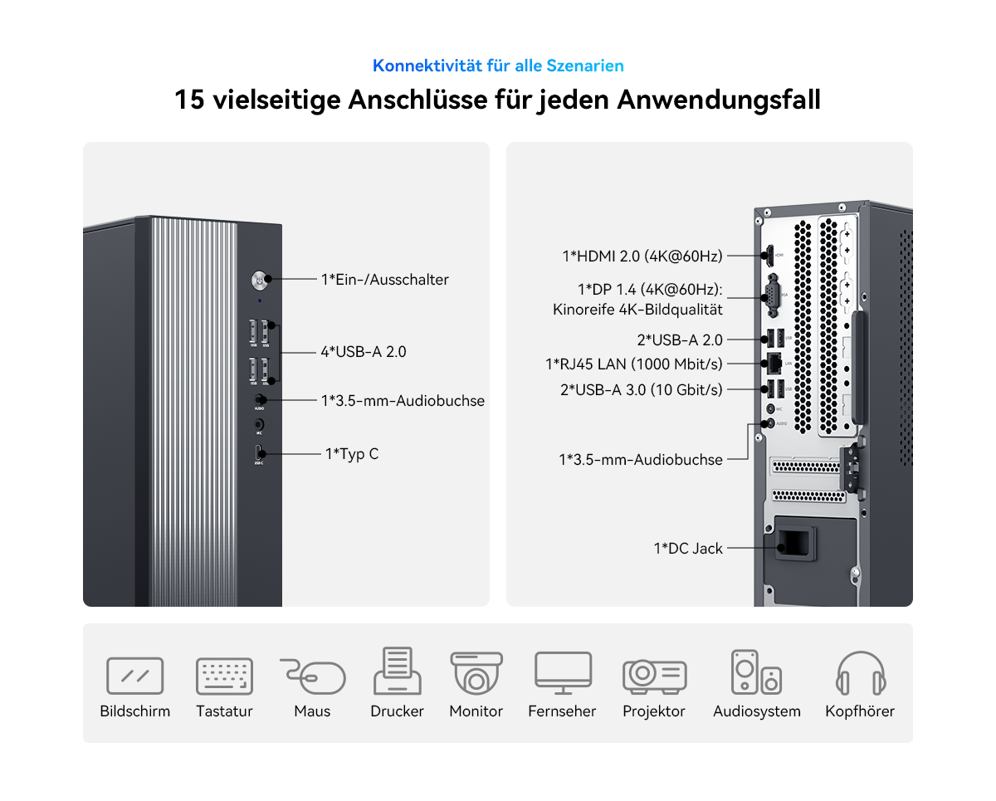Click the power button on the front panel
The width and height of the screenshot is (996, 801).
(x=259, y=280)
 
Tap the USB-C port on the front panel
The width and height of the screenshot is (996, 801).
(x=258, y=452)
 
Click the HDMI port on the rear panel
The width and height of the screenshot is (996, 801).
(x=769, y=256)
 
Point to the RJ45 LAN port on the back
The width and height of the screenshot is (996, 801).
(x=774, y=364)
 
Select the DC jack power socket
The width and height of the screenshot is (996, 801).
(x=794, y=543)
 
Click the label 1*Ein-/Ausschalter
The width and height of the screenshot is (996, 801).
(x=384, y=280)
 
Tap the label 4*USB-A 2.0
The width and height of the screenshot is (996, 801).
(x=364, y=352)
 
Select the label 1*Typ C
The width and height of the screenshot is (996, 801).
(x=352, y=454)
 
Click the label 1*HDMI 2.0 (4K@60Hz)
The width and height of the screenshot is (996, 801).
(x=642, y=256)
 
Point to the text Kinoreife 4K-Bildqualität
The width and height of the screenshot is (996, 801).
(x=637, y=310)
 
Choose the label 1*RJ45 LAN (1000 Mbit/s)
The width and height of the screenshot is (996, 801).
(x=633, y=364)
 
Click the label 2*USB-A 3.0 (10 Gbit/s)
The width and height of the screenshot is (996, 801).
(x=641, y=390)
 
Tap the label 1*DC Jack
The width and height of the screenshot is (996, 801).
(x=688, y=548)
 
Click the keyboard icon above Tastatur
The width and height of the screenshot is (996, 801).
(x=224, y=676)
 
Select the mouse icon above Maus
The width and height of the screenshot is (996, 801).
(x=313, y=676)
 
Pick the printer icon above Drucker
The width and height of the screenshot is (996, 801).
(x=397, y=671)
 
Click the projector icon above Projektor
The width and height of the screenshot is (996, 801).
(x=654, y=676)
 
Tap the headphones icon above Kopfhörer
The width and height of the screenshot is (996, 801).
(x=861, y=672)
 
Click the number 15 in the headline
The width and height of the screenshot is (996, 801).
(x=190, y=100)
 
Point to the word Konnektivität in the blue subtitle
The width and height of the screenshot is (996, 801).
(x=427, y=66)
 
